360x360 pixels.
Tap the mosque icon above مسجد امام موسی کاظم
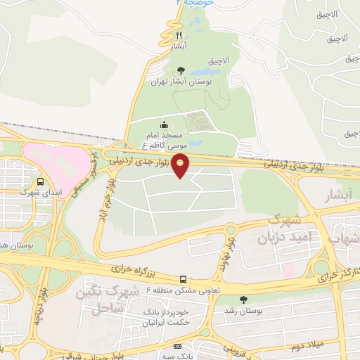[165, 124]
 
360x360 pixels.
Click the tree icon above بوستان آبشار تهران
[181, 70]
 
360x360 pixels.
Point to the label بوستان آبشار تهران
[181, 82]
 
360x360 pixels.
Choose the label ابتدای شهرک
[36, 191]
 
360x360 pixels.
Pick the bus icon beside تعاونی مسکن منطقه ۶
[184, 278]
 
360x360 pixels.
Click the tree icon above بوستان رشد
[243, 299]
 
